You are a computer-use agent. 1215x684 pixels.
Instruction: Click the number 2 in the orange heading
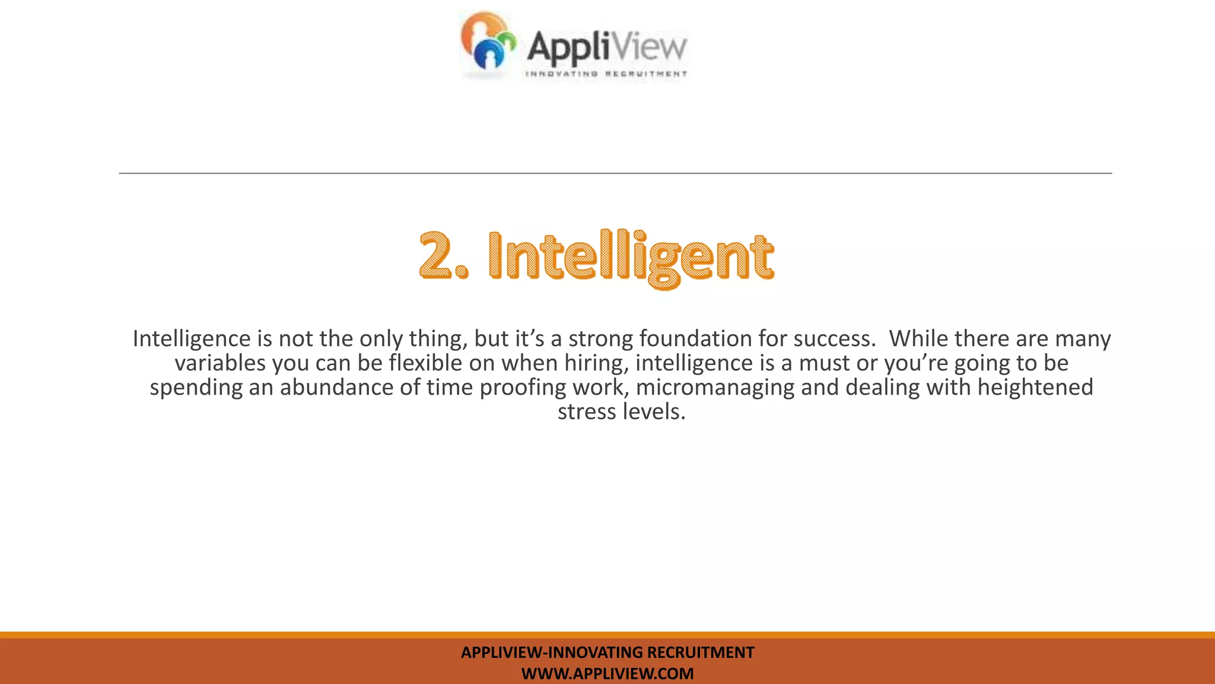click(436, 256)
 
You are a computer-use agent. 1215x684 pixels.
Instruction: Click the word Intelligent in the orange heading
click(631, 257)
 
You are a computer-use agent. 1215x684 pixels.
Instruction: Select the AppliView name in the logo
click(606, 47)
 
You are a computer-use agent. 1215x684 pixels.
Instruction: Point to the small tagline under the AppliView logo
click(606, 74)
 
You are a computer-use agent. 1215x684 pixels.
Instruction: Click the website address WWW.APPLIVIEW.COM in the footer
click(607, 674)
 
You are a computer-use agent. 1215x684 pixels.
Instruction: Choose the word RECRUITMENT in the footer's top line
click(700, 653)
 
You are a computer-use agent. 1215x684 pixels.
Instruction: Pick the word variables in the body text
click(220, 363)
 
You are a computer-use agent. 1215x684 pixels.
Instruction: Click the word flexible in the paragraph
click(425, 363)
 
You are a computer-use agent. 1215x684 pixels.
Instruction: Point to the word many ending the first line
click(1087, 339)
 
